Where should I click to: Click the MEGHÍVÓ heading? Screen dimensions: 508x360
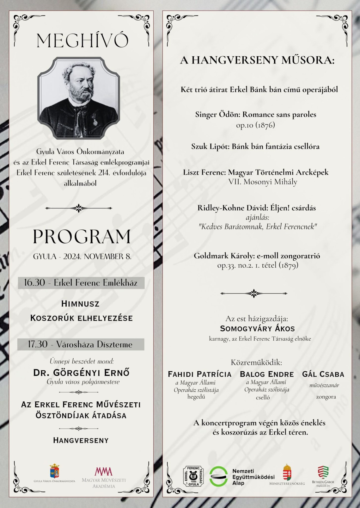pyautogui.click(x=82, y=41)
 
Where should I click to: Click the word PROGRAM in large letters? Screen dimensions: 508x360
pyautogui.click(x=82, y=237)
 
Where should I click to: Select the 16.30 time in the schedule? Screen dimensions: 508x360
pyautogui.click(x=34, y=282)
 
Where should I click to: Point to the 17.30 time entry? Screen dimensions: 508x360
pyautogui.click(x=37, y=344)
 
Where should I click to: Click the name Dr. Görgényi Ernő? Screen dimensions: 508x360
pyautogui.click(x=81, y=373)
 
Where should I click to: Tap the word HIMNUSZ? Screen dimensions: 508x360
pyautogui.click(x=80, y=304)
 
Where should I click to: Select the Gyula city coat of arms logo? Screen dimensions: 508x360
pyautogui.click(x=54, y=471)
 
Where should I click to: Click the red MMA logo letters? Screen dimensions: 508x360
pyautogui.click(x=104, y=471)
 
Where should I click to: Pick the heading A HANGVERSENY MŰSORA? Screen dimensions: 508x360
pyautogui.click(x=257, y=60)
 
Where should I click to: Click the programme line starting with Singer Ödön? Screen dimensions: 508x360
pyautogui.click(x=255, y=114)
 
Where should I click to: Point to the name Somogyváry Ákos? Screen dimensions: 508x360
pyautogui.click(x=257, y=328)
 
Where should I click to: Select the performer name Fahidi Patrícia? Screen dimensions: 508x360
pyautogui.click(x=199, y=374)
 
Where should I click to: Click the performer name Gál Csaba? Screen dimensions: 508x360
pyautogui.click(x=323, y=374)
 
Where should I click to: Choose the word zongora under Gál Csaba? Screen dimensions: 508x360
pyautogui.click(x=326, y=397)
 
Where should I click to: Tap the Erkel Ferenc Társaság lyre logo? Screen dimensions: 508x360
pyautogui.click(x=193, y=476)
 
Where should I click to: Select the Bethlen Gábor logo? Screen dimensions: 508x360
pyautogui.click(x=323, y=472)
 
